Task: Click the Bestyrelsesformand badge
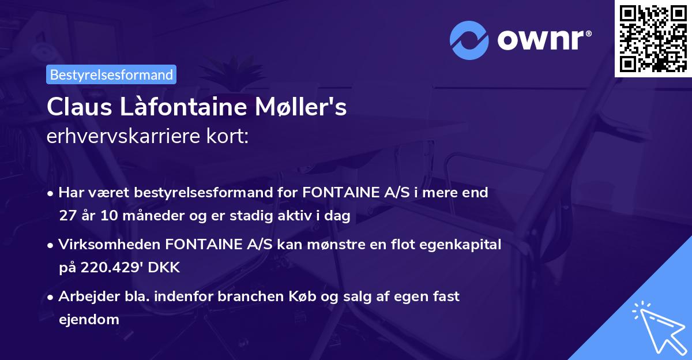click(x=111, y=74)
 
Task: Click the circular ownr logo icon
click(x=469, y=40)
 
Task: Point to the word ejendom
click(x=88, y=319)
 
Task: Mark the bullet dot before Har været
click(x=51, y=193)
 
